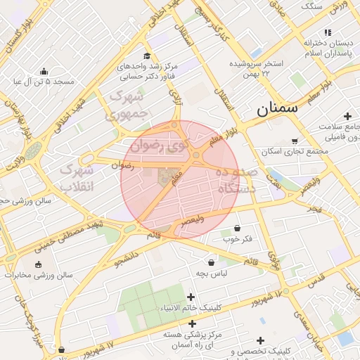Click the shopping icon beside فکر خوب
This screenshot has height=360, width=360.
coord(237,228)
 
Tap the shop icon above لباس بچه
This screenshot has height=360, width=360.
coord(211,262)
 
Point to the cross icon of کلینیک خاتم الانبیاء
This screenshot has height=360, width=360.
coord(192,297)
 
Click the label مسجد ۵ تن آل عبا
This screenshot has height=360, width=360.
coord(44,82)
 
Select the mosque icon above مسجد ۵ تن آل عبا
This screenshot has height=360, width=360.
coord(44,71)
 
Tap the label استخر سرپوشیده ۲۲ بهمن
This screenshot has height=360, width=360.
coord(259,68)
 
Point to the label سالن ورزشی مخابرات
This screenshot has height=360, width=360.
coord(37,276)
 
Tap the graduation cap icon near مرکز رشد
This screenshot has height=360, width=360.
coord(146,56)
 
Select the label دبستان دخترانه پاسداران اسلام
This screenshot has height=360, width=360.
coord(328,49)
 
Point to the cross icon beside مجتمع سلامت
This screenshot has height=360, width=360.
coord(347,116)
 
